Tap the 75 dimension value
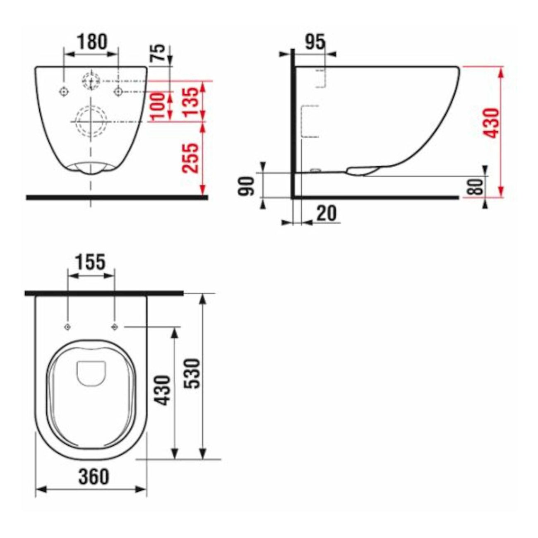click(159, 53)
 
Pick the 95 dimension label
click(315, 41)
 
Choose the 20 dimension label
click(326, 214)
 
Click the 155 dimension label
click(90, 262)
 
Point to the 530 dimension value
click(193, 373)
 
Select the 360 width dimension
click(94, 476)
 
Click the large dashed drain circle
click(91, 121)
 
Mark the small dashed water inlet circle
click(91, 81)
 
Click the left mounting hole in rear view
click(64, 91)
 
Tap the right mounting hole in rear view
click(118, 91)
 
